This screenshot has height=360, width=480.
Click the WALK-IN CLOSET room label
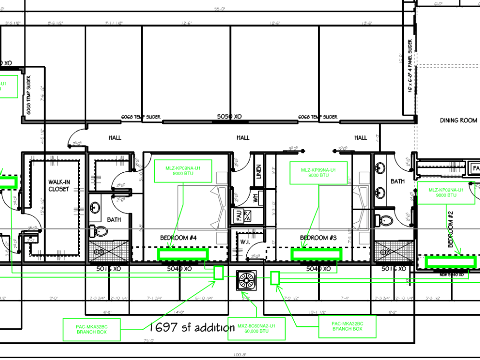coord(59,185)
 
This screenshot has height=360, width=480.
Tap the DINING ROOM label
coord(458,120)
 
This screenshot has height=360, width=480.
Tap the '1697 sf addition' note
coord(192,327)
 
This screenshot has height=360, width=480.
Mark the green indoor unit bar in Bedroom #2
coord(450,262)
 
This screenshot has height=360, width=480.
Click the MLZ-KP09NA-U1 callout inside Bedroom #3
coord(317,172)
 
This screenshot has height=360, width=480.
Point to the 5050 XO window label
coord(229,117)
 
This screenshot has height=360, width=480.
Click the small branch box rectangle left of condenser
coord(218,273)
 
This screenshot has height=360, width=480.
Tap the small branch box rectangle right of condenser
coord(275,278)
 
